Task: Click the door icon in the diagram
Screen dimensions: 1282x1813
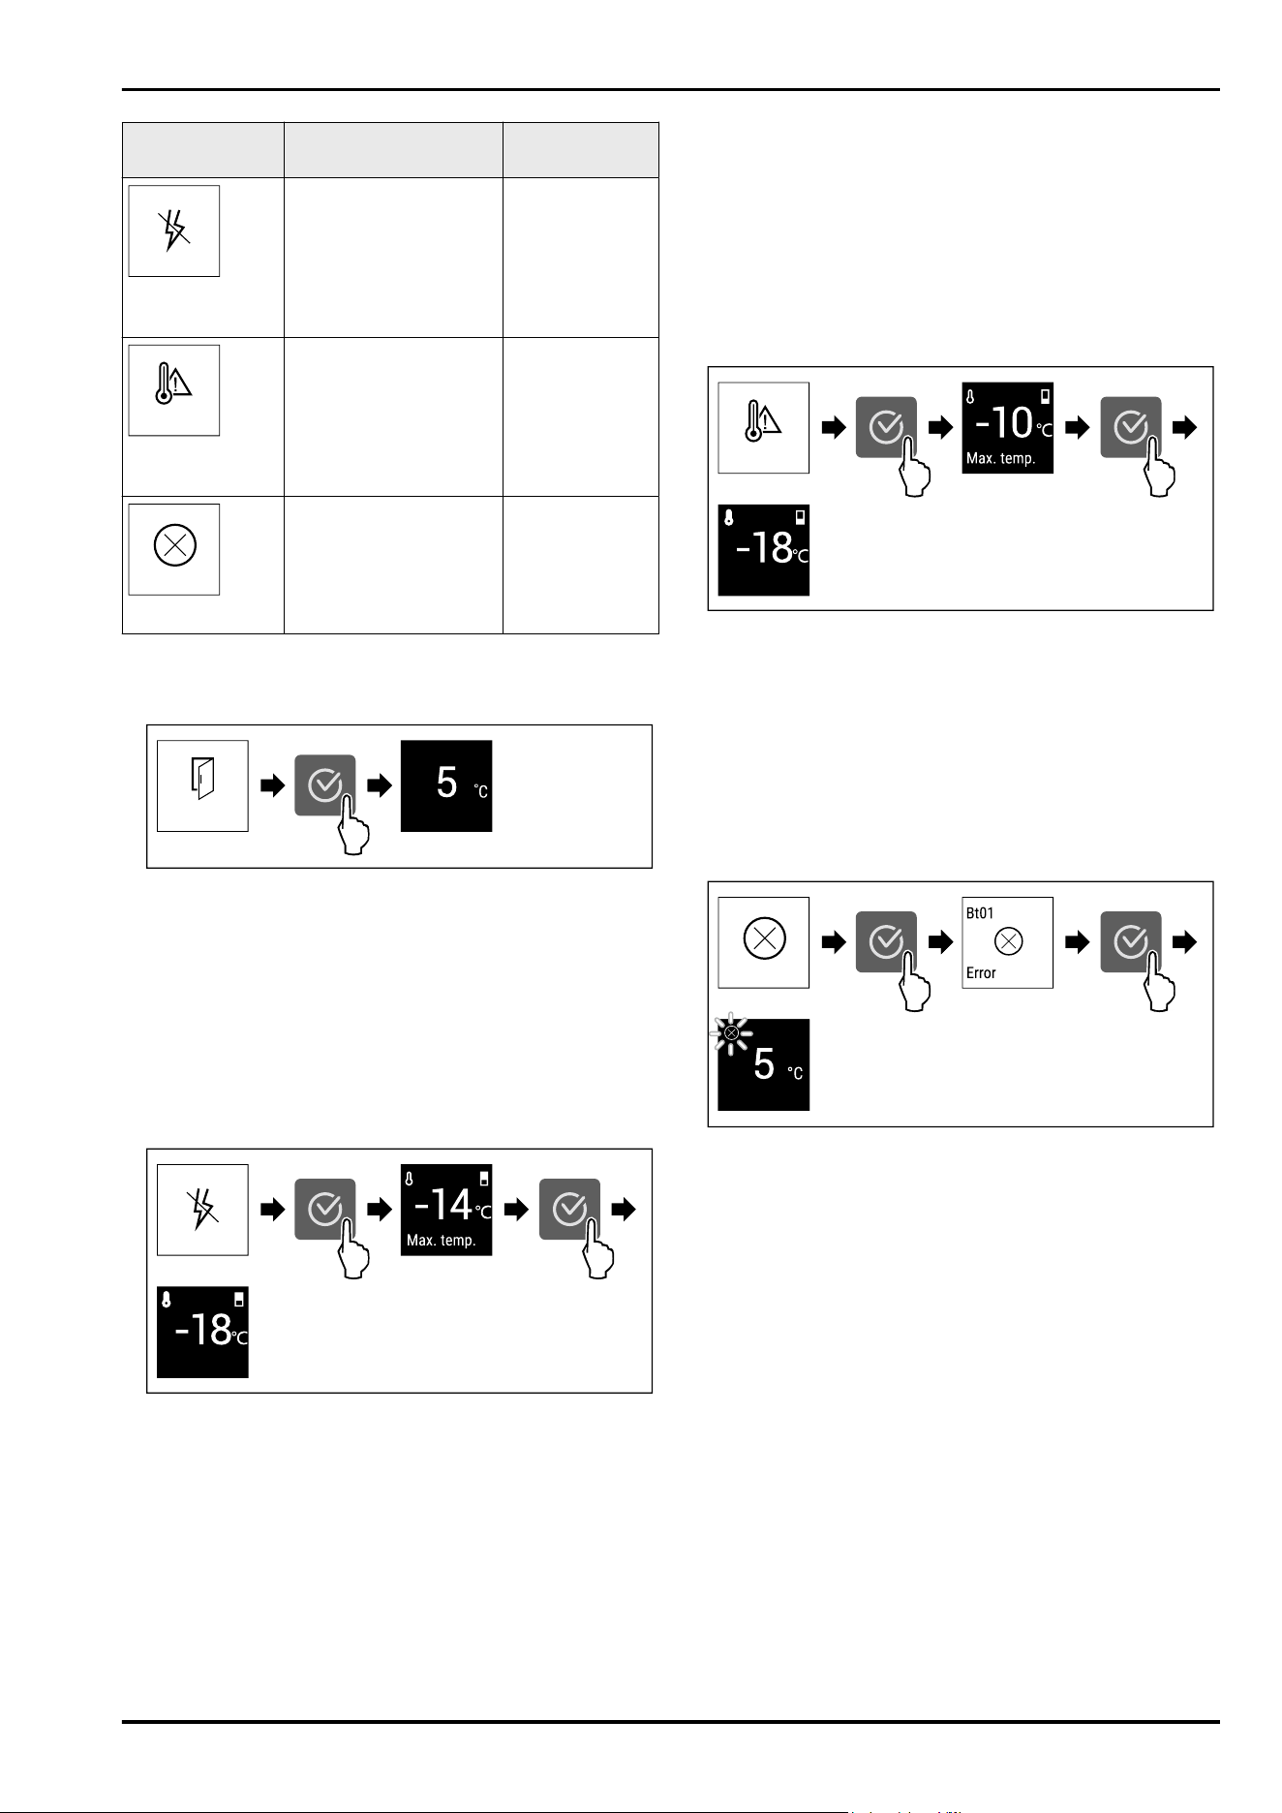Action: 202,785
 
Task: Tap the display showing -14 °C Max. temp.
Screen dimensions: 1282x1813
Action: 446,1210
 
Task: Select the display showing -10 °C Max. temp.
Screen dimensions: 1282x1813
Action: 1007,427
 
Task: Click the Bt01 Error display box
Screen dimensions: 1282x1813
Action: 1007,942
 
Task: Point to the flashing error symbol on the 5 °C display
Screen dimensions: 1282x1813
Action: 732,1034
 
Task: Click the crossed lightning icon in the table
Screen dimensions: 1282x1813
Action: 174,230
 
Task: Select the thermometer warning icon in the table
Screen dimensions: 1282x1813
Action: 174,389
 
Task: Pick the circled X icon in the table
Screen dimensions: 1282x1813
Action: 174,548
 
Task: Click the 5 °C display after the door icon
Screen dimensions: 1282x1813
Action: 446,785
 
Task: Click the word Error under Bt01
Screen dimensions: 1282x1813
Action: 981,973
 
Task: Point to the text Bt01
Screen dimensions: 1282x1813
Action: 980,913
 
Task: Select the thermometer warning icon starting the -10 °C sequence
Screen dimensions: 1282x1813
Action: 763,427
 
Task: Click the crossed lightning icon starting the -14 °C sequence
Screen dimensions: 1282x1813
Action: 202,1210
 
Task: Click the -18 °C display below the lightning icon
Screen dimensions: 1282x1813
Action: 202,1332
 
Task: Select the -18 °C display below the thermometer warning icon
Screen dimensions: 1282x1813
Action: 763,549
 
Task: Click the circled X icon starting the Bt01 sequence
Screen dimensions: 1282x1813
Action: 763,942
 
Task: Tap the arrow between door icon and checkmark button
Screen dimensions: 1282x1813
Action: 273,785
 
